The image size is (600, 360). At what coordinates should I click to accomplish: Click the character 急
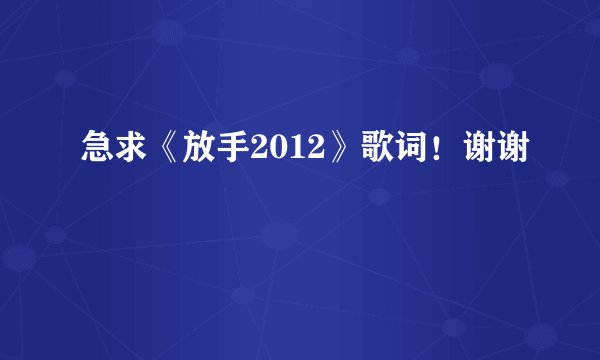pos(96,153)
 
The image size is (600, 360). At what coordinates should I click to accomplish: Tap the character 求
pos(131,153)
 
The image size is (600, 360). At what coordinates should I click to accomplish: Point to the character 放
pos(201,153)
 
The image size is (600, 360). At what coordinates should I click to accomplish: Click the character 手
pos(236,153)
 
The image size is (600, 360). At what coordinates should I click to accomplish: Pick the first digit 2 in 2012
pos(261,153)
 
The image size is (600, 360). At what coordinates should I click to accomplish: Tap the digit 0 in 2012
pos(278,153)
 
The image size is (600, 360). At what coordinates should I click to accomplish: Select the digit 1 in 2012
pos(296,153)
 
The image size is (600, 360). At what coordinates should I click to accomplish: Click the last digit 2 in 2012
pos(313,153)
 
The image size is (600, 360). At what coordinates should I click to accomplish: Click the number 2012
pos(287,153)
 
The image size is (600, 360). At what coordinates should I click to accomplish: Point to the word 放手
pos(218,153)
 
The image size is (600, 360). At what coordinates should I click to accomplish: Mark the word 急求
pos(113,153)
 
